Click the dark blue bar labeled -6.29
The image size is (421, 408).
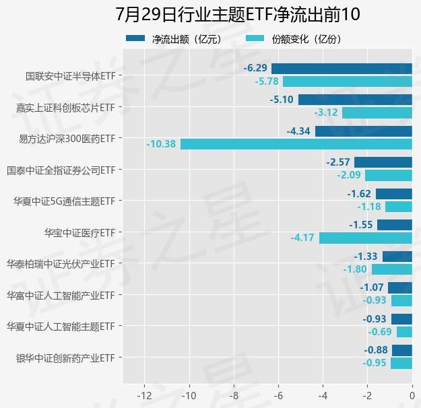coord(342,68)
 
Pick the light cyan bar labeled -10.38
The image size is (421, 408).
coord(296,144)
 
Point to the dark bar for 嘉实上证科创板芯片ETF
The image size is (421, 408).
coord(355,100)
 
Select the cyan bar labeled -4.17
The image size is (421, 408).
coord(366,238)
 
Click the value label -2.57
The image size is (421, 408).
coord(338,162)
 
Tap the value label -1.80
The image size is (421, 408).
coord(354,269)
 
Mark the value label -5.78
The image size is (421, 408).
coord(267,81)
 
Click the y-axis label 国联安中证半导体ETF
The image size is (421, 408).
coord(70,75)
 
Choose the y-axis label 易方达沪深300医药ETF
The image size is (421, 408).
coord(67,138)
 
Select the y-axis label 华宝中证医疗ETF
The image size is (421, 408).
coord(79,232)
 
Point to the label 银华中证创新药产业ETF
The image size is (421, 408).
coord(65,358)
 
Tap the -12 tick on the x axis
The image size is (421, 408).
coord(144,395)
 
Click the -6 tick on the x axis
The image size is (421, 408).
coord(278,395)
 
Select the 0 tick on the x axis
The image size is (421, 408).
coord(412,395)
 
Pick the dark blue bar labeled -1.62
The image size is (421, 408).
coord(394,194)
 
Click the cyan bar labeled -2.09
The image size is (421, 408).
coord(389,175)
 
